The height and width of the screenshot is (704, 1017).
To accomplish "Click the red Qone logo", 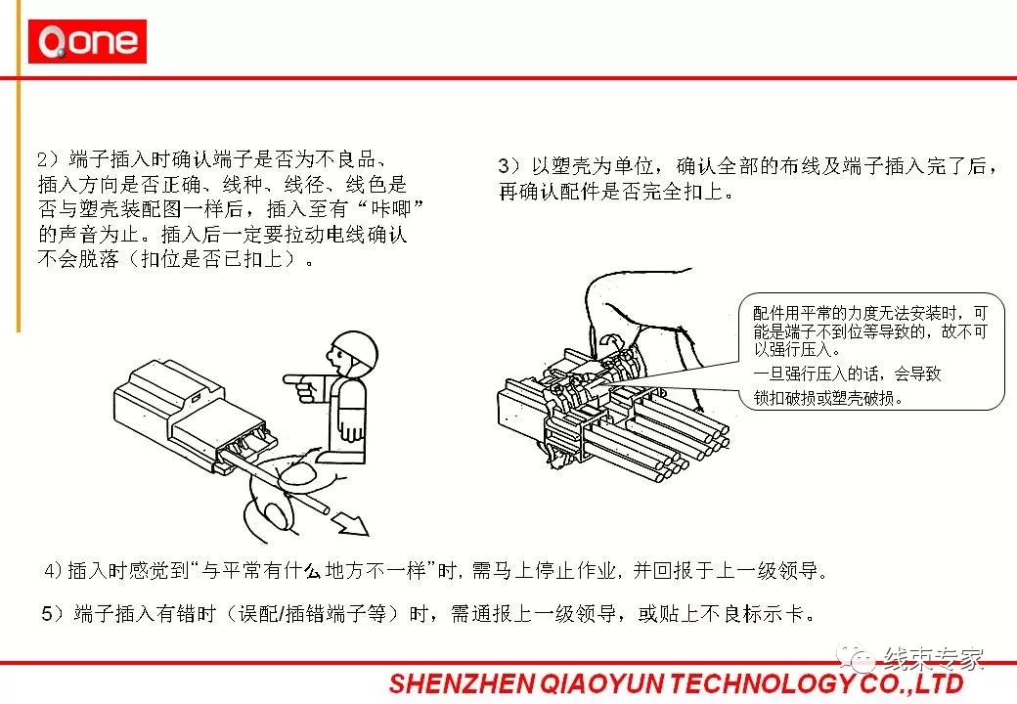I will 88,41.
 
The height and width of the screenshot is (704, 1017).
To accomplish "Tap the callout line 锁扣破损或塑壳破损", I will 828,399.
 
